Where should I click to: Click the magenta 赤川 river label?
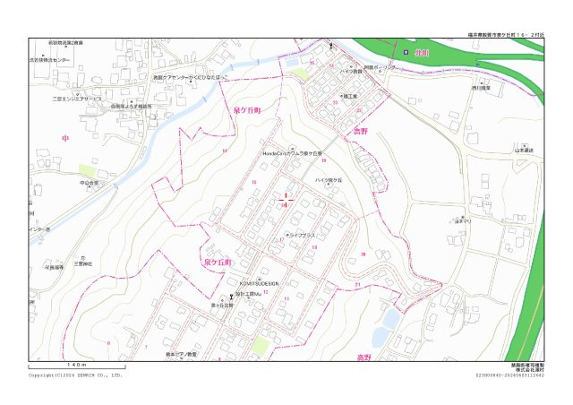pos(423,53)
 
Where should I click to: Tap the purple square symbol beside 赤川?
pos(406,53)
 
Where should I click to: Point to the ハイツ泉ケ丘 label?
pos(329,180)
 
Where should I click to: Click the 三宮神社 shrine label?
pos(83,263)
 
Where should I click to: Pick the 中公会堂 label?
pos(88,183)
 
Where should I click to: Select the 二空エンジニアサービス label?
pos(76,99)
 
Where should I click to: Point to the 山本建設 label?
pos(524,151)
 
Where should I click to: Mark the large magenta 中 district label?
pos(64,138)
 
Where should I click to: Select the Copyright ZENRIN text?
pos(76,375)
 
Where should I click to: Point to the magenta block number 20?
pos(363,254)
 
